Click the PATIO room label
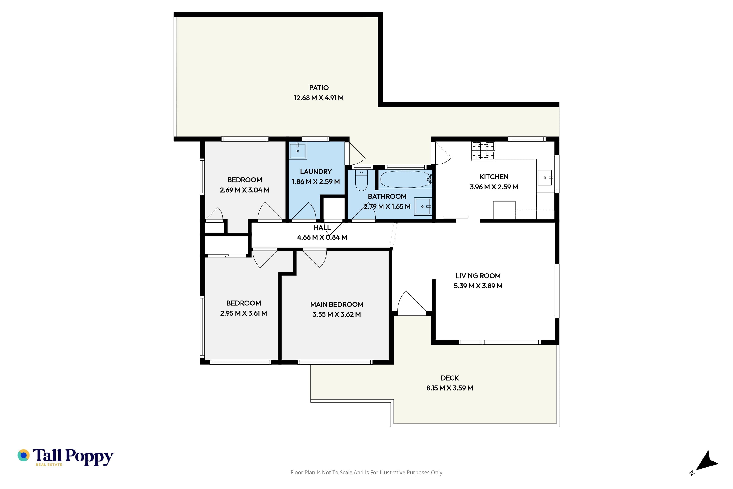tap(319, 88)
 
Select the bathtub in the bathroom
tap(405, 179)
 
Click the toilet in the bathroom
tap(362, 180)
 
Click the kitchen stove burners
tap(483, 151)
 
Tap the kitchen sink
tap(545, 178)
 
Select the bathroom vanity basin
tap(423, 206)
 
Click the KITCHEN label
tap(494, 177)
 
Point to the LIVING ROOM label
tap(478, 276)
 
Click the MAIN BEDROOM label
tap(337, 304)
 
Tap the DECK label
tap(450, 378)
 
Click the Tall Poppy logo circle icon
tap(23, 455)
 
